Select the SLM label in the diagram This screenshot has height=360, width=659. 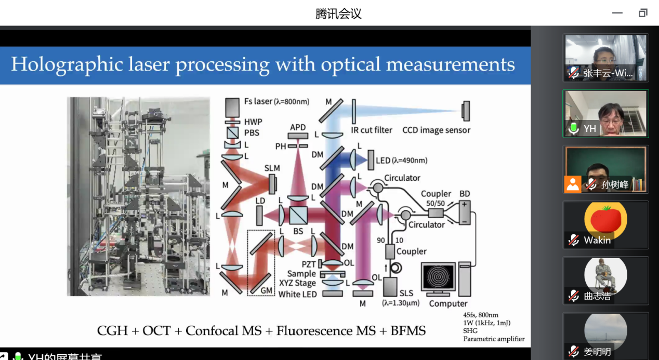tap(272, 168)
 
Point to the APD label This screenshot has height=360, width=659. tap(298, 128)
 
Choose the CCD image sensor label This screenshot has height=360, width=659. tap(436, 130)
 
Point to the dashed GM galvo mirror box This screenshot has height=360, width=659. tap(261, 263)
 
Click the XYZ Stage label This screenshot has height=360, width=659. tap(297, 283)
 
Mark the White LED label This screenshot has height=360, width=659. tap(297, 294)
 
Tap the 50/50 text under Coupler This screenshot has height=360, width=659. tap(435, 204)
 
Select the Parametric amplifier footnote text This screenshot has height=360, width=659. tap(494, 339)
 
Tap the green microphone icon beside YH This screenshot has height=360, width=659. tap(574, 128)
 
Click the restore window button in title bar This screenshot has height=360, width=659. tap(643, 13)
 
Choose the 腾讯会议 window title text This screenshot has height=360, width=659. tap(338, 14)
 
